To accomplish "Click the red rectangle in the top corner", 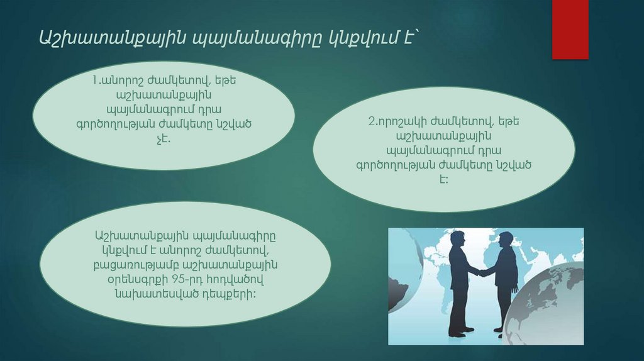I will click(570, 29).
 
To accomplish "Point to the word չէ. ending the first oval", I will click(164, 138).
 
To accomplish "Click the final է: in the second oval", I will click(444, 179).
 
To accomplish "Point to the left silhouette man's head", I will click(458, 240).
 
